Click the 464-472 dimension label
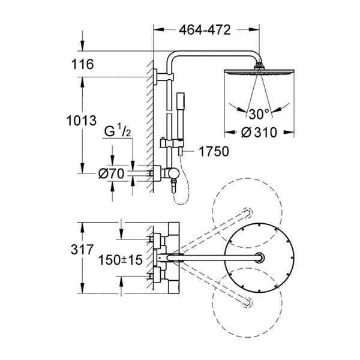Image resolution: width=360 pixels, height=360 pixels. [x=206, y=31]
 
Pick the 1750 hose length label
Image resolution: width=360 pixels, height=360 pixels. [x=212, y=151]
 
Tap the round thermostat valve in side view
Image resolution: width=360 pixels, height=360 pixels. [x=173, y=173]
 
